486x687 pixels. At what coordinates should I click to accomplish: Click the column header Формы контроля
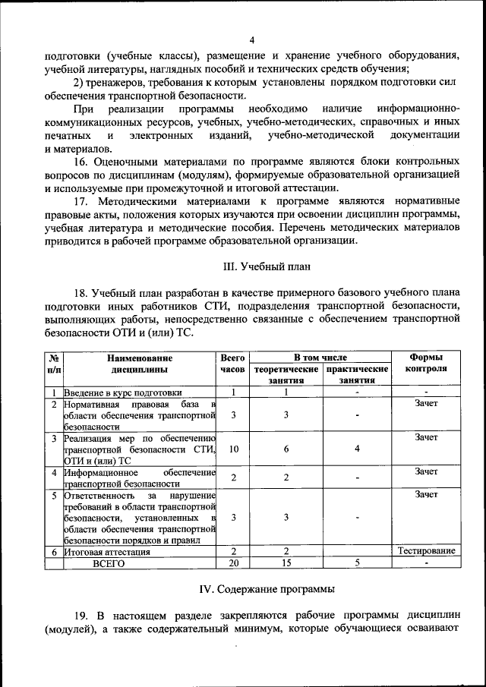pos(426,363)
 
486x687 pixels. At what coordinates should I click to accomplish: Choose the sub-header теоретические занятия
pos(286,375)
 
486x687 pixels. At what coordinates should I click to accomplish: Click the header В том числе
pos(321,357)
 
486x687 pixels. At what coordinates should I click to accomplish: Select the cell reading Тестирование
pos(426,552)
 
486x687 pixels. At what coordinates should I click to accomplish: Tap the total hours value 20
pos(234,564)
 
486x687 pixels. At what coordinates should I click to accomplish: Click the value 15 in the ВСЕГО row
pos(286,564)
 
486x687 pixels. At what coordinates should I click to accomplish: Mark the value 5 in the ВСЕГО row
pos(357,564)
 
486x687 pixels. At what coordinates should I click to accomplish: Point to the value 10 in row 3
pos(234,449)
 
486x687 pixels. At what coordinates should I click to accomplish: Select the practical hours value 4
pos(357,449)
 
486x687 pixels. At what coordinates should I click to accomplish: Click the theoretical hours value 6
pos(286,449)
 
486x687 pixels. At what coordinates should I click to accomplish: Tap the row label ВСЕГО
pos(109,564)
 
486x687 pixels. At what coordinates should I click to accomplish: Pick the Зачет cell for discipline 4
pos(426,472)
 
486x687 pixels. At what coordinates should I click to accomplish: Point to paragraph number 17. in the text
pos(82,201)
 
